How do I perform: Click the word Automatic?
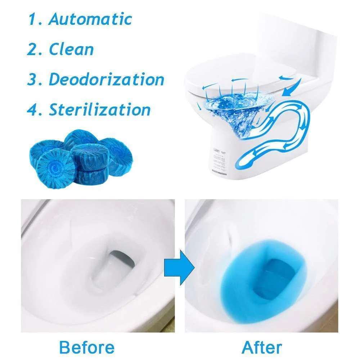pyautogui.click(x=90, y=19)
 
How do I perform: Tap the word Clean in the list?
pyautogui.click(x=71, y=49)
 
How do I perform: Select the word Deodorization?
pyautogui.click(x=107, y=79)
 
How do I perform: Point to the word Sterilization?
pyautogui.click(x=100, y=109)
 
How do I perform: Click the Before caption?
pyautogui.click(x=87, y=347)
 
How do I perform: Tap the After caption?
pyautogui.click(x=262, y=347)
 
